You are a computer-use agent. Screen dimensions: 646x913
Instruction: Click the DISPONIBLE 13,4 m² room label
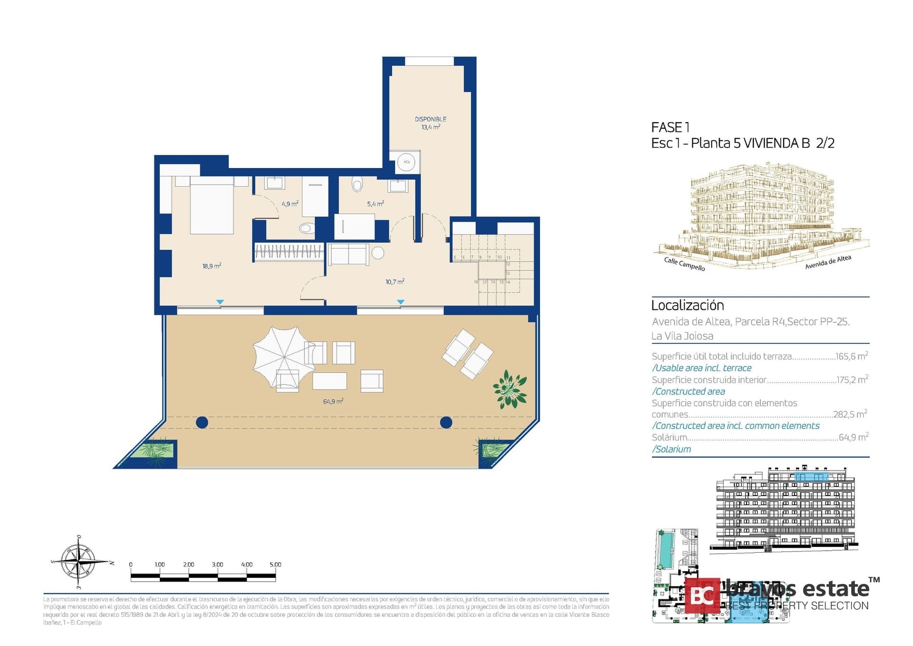pyautogui.click(x=430, y=123)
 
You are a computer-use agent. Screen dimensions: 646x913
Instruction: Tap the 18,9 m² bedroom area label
pyautogui.click(x=212, y=266)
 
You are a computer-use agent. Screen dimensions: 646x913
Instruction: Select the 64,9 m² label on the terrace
pyautogui.click(x=333, y=401)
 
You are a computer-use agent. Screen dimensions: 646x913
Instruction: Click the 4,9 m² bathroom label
pyautogui.click(x=290, y=204)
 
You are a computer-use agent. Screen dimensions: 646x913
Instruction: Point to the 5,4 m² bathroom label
pyautogui.click(x=375, y=204)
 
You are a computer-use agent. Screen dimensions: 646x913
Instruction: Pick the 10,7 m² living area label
pyautogui.click(x=395, y=282)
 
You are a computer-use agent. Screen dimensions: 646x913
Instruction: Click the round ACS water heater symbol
pyautogui.click(x=407, y=162)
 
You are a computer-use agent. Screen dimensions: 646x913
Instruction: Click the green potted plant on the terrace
pyautogui.click(x=510, y=389)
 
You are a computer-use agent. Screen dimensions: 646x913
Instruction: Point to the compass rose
pyautogui.click(x=79, y=562)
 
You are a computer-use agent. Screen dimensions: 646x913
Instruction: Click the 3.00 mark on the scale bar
pyautogui.click(x=217, y=565)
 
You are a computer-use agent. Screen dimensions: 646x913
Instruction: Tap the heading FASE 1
pyautogui.click(x=670, y=128)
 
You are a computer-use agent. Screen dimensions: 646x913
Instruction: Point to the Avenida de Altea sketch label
pyautogui.click(x=827, y=262)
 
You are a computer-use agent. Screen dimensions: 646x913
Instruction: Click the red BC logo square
pyautogui.click(x=702, y=596)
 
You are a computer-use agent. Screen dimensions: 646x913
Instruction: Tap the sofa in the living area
pyautogui.click(x=348, y=254)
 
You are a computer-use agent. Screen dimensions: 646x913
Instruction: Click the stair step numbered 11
pyautogui.click(x=508, y=258)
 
